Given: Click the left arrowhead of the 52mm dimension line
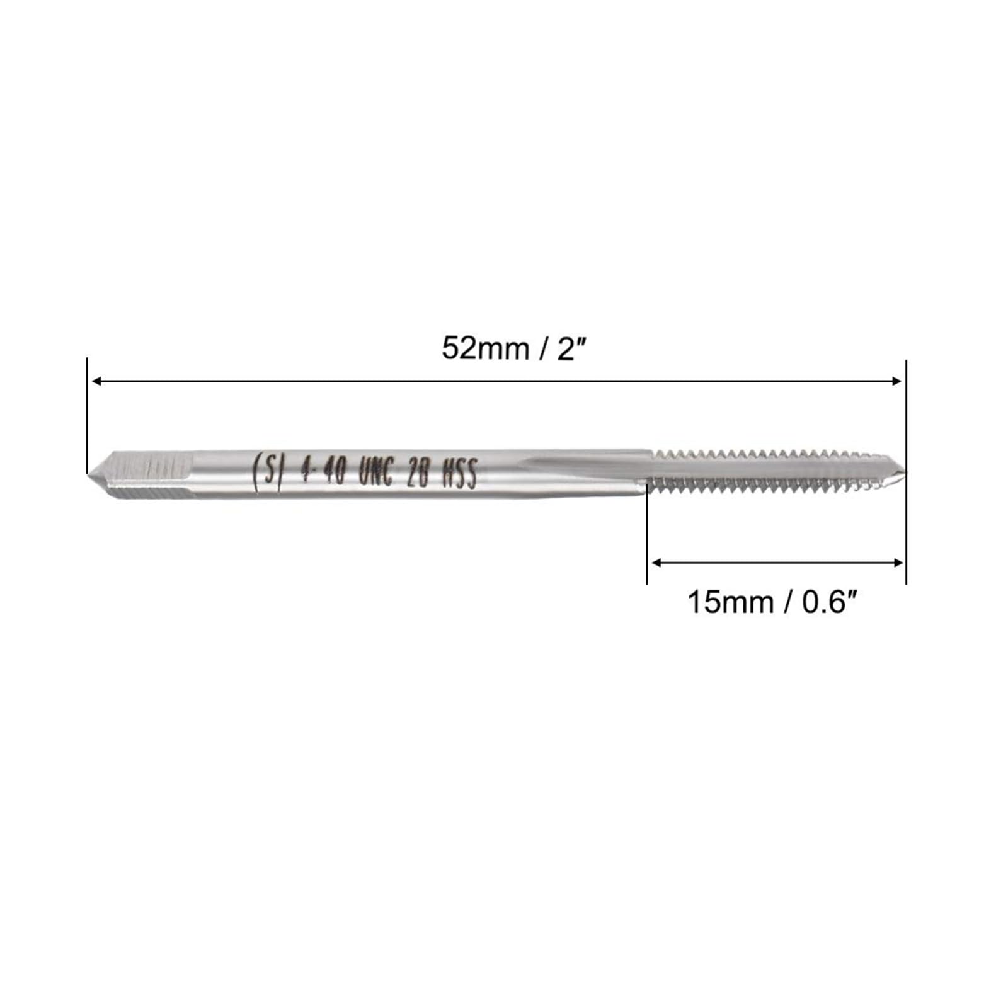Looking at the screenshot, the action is [97, 381].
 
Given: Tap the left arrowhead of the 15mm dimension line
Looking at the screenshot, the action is [656, 562].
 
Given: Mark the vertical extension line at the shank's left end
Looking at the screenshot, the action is [87, 415].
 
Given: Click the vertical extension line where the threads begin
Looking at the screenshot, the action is [647, 535].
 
